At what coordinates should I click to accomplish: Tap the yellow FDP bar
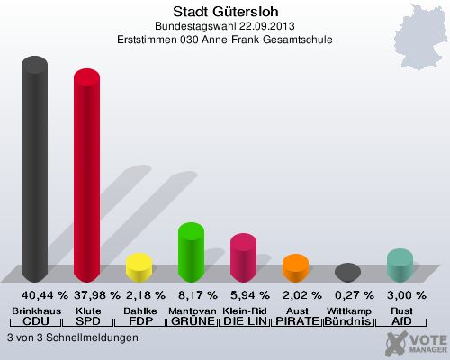(139, 267)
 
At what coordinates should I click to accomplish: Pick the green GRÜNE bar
(191, 251)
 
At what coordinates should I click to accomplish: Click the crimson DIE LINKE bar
(243, 257)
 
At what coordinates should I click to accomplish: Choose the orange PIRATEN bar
(295, 268)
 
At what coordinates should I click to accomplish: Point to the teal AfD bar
(400, 265)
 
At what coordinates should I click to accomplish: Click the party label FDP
(139, 321)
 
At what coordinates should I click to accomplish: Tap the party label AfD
(400, 321)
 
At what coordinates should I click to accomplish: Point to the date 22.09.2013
(256, 26)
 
